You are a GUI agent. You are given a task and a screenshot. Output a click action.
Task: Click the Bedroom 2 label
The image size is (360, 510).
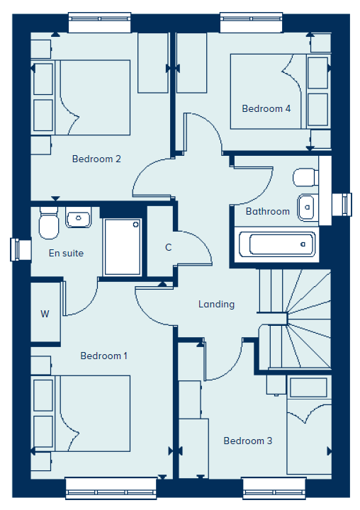(x=96, y=159)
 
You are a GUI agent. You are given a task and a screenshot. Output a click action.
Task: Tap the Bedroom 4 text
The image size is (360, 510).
(x=266, y=108)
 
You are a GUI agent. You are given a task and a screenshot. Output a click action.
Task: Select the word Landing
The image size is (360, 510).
(x=216, y=304)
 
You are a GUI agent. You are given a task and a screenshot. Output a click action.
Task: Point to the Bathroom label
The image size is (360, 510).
(x=268, y=211)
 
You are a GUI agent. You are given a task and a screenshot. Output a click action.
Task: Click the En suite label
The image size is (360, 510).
(x=66, y=253)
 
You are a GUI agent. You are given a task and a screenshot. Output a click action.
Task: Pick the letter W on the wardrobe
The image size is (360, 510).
(x=45, y=314)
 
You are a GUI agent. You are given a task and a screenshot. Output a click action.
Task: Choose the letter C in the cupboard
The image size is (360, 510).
(x=168, y=247)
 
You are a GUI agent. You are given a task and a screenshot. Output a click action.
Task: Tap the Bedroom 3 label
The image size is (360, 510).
(x=248, y=441)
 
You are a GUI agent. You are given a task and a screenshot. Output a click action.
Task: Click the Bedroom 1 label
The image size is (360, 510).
(x=104, y=356)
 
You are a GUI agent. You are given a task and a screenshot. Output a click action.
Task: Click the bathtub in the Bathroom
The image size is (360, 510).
(x=277, y=244)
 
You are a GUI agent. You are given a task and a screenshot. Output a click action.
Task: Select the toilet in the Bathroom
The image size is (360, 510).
(x=305, y=177)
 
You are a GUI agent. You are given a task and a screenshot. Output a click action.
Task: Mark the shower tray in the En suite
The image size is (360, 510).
(x=122, y=247)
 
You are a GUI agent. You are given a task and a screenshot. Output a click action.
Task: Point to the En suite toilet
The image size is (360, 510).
(x=48, y=223)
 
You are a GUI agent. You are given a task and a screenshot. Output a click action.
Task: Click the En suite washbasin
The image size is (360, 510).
(x=79, y=217)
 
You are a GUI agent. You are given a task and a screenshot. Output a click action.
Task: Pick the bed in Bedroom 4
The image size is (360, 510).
(x=280, y=91)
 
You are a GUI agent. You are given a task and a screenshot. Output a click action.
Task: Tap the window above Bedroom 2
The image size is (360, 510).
(x=100, y=23)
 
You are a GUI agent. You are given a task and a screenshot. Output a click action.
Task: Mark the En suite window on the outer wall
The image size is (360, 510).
(x=21, y=250)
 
